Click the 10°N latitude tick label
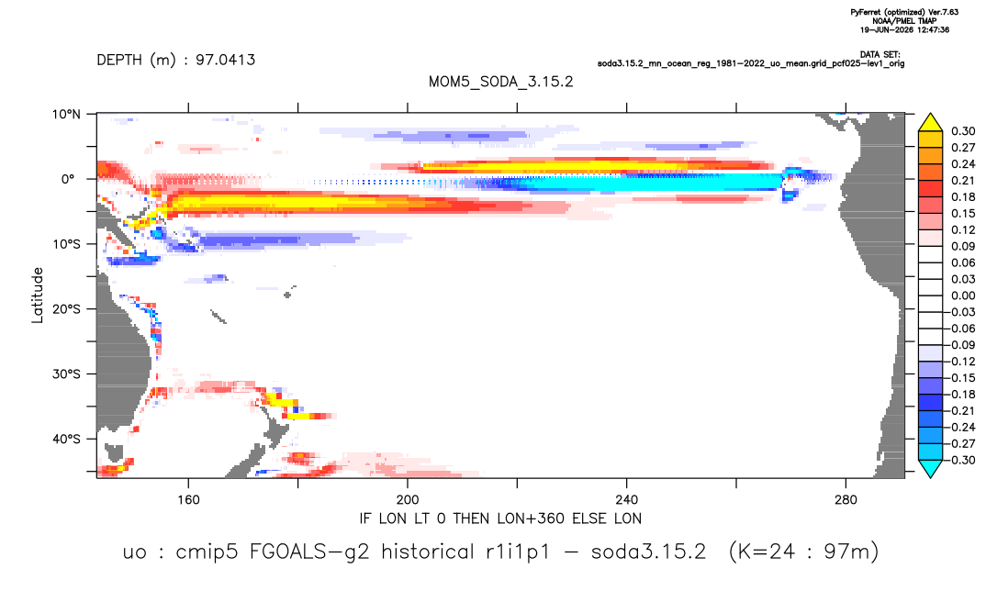tap(66, 115)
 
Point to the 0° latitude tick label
tap(68, 179)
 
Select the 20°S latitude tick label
tap(66, 309)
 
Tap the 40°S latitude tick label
tap(66, 439)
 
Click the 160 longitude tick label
tap(188, 500)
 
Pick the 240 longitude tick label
tap(627, 500)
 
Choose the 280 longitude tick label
tap(846, 500)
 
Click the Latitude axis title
tap(38, 295)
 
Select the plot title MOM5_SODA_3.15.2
tap(501, 83)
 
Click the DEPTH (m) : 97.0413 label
tap(176, 61)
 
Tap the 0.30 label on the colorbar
tap(963, 131)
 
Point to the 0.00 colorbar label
tap(963, 295)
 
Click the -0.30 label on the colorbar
tap(961, 460)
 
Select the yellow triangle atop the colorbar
tap(930, 123)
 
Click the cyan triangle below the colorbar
tap(930, 468)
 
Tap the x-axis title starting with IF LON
tap(500, 519)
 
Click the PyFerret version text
tap(904, 13)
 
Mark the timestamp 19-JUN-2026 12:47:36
tap(904, 29)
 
